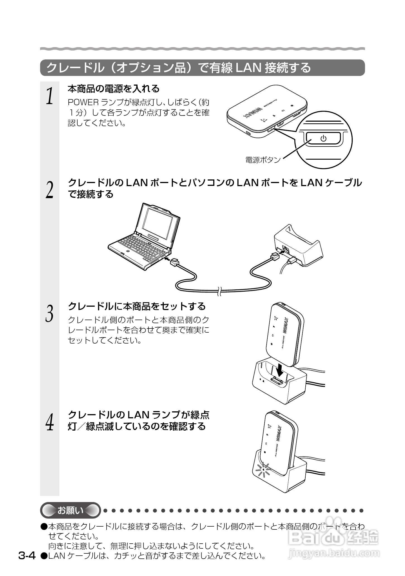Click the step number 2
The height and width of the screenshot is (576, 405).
coord(49,189)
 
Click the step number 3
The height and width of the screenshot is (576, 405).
coord(49,313)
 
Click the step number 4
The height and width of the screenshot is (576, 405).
coord(49,422)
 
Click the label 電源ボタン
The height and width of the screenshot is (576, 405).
coord(263,160)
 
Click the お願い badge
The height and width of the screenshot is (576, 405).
coord(70,511)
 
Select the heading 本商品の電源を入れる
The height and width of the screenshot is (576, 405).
coord(114,89)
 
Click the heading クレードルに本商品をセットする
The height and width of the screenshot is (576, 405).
coord(137,306)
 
